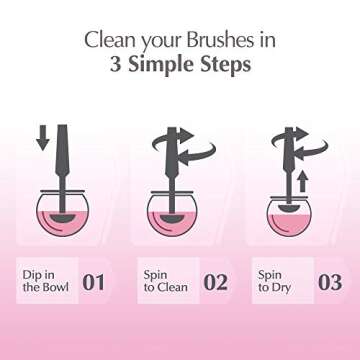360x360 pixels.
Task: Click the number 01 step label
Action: pos(93,281)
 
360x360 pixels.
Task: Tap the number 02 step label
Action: pos(215,281)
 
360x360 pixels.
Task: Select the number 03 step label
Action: pos(329,281)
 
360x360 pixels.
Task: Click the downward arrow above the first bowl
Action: pos(42,137)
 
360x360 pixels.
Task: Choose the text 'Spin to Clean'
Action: pos(164,281)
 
